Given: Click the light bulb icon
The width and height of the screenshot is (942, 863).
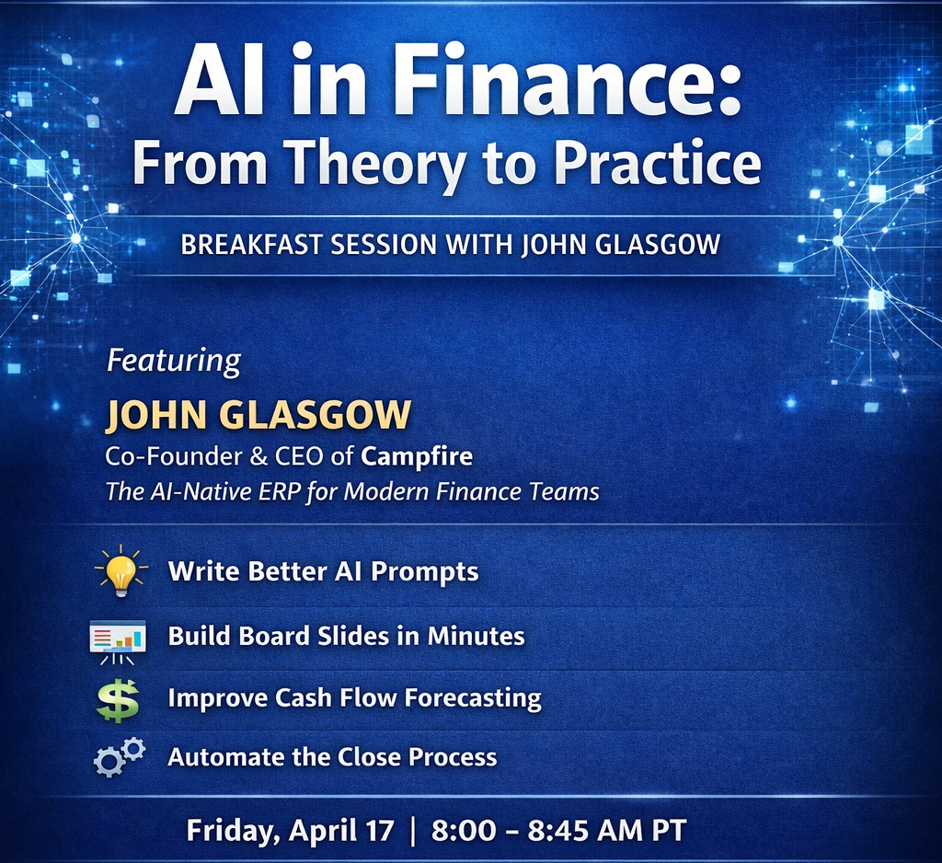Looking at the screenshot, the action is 121,570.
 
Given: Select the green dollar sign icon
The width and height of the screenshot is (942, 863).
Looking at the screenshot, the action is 118,700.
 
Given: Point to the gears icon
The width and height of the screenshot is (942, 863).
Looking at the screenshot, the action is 120,756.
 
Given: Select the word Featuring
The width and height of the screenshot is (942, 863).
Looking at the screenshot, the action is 174,362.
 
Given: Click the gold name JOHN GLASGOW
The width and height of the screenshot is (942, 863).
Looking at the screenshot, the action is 258,415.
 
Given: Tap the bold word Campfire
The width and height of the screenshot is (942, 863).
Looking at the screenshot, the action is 417,456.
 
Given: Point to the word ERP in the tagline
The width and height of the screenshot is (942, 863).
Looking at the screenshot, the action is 280,491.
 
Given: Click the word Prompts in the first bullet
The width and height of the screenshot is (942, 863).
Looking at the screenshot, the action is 425,571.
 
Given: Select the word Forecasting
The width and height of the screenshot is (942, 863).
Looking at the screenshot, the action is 474,698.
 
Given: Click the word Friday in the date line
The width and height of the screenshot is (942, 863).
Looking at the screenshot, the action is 233,831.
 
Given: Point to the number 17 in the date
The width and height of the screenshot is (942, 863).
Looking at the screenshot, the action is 378,831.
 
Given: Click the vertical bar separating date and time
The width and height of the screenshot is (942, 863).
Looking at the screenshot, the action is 413,832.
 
